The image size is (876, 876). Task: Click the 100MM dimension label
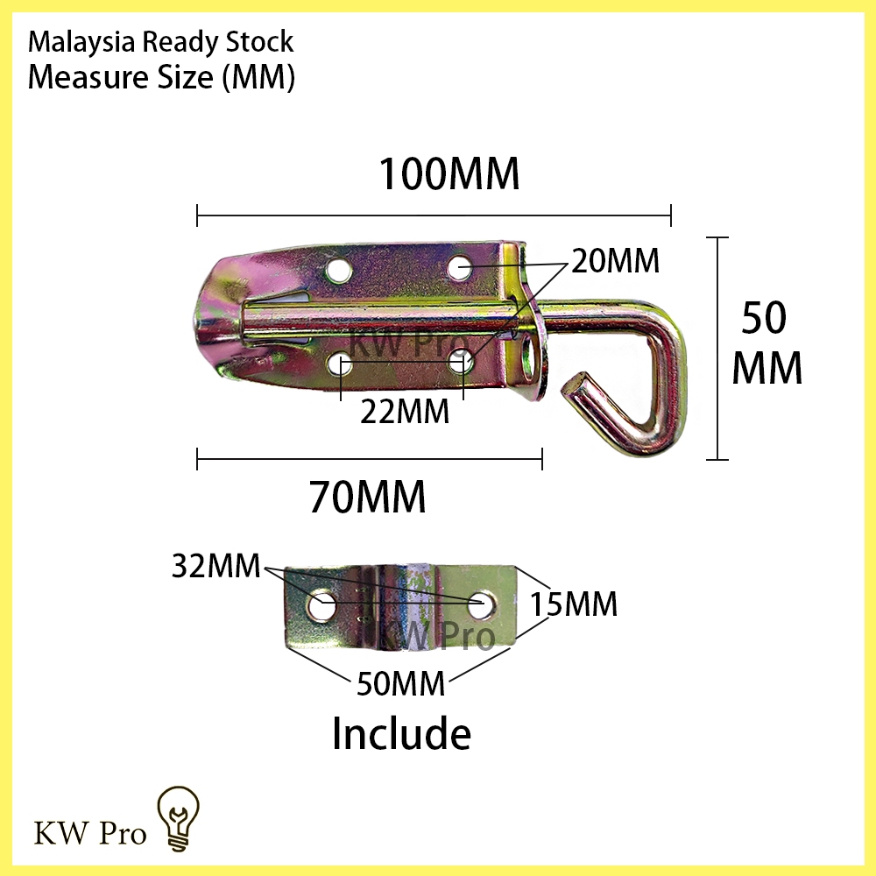[x=449, y=174]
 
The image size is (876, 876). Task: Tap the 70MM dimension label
[x=367, y=498]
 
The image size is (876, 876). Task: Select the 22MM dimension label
[x=404, y=411]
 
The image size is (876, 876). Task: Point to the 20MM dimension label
[x=615, y=260]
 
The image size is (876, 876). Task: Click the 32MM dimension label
[x=215, y=566]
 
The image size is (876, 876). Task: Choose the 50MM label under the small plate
[x=402, y=682]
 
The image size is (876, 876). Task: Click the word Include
[x=401, y=733]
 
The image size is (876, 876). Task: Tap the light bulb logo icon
[x=178, y=817]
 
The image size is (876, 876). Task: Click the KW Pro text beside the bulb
[x=90, y=832]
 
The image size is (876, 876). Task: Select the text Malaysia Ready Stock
[x=160, y=41]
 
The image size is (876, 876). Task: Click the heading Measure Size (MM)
[x=160, y=77]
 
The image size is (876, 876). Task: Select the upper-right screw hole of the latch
[x=461, y=265]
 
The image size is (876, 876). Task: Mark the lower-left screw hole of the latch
[x=341, y=363]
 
